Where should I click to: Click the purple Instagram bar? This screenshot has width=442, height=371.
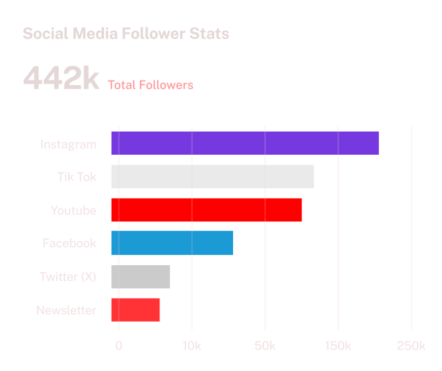point(245,143)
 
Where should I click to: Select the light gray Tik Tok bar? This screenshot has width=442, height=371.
point(212,177)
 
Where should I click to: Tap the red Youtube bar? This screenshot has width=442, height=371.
point(206,210)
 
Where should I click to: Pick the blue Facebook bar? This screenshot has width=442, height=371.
point(172,243)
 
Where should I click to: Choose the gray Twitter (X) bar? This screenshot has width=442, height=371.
point(140,277)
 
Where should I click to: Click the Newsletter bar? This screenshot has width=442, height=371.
point(135,309)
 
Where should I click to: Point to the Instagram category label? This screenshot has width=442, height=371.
point(68,144)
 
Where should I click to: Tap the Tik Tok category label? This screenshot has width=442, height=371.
point(77,177)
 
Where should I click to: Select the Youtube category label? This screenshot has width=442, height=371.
point(73,211)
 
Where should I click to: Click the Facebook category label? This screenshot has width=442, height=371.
point(69,243)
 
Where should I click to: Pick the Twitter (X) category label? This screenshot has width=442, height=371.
point(67,277)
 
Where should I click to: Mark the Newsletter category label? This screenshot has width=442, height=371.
point(66,310)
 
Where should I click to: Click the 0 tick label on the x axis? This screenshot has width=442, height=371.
point(119,346)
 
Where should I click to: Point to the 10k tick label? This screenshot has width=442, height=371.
point(192,346)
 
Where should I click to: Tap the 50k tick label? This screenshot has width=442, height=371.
point(265,346)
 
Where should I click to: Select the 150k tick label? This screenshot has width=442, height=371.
point(338,346)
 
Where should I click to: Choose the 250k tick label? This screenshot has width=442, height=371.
point(411,346)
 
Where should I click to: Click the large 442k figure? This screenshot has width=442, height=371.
point(61,79)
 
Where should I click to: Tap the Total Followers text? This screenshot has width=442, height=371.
point(150,85)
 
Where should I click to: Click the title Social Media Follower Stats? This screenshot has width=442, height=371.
point(125,33)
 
